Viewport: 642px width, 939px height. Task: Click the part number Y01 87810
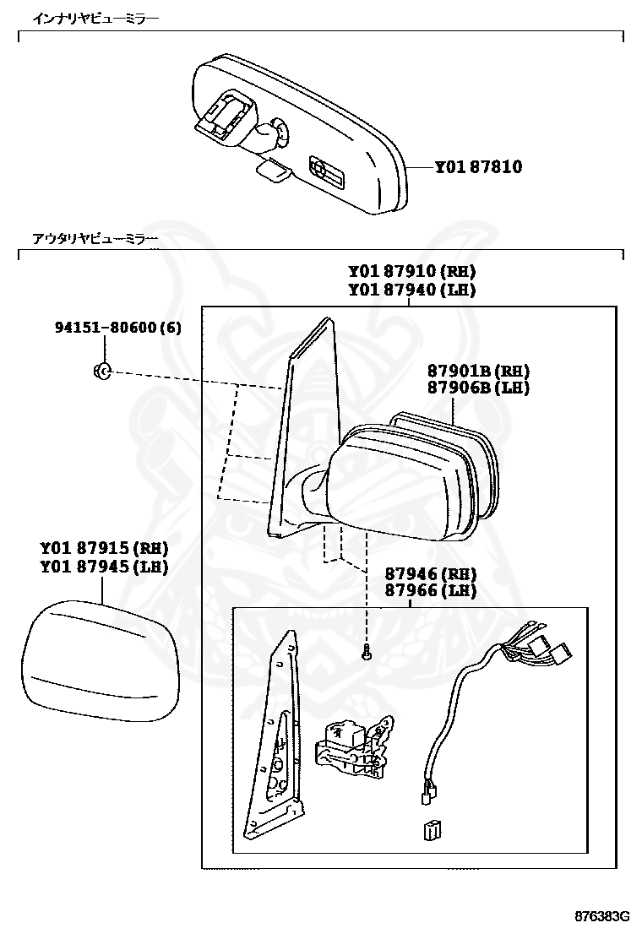(478, 167)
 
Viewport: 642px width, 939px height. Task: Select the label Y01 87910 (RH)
(411, 272)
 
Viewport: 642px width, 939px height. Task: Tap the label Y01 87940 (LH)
(411, 290)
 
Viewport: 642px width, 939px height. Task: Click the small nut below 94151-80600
(101, 370)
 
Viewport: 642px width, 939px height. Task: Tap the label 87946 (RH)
(431, 573)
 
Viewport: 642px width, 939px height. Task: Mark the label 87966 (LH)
(431, 591)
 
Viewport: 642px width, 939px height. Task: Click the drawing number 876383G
(602, 916)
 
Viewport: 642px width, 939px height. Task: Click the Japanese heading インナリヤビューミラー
(95, 18)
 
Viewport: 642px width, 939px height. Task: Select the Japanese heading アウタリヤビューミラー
(95, 239)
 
